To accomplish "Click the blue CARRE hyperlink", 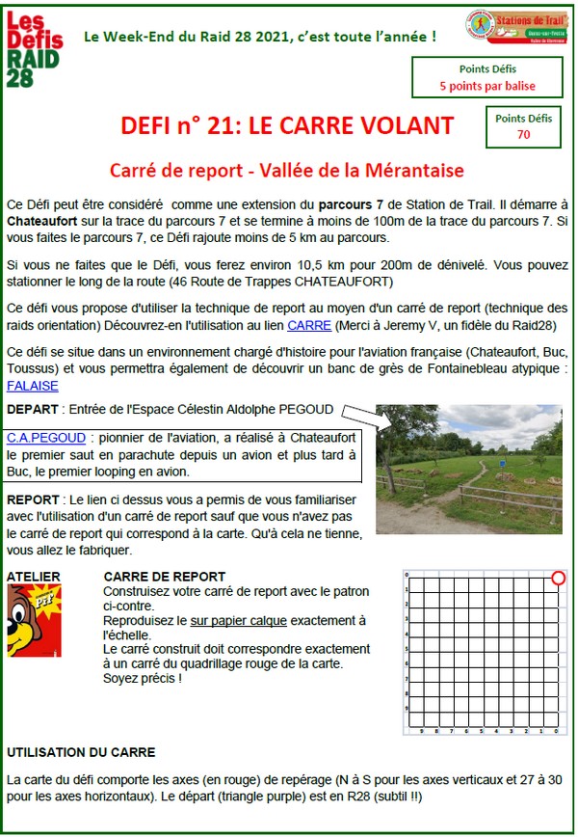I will [x=308, y=325].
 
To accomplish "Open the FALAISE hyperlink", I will [x=32, y=386].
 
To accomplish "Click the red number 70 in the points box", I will [x=523, y=135].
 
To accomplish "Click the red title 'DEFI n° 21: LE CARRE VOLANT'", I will [x=287, y=125].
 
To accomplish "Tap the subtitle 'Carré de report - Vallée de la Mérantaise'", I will [x=286, y=171].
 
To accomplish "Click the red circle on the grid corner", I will [x=558, y=579].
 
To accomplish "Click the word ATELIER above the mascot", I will [x=34, y=577].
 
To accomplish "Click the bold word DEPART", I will [x=32, y=410].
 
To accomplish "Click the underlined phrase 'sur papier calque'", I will [x=239, y=619].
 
